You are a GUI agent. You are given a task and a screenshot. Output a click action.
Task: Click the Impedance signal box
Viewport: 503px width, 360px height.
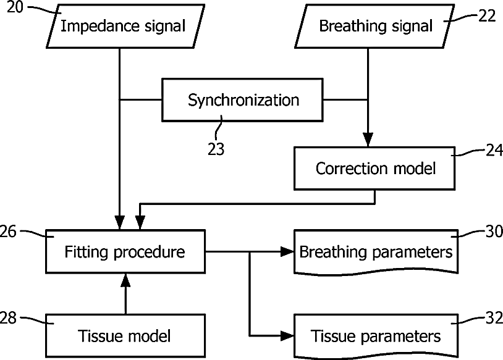coord(125,27)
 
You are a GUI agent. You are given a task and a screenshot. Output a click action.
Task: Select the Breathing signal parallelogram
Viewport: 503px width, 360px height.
coord(374,27)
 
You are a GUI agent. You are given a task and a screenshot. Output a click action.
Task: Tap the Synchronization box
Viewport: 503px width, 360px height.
coord(242,99)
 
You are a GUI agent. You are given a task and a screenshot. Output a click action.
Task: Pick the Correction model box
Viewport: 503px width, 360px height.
coord(374,169)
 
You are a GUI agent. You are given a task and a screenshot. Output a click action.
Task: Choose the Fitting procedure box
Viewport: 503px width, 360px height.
coord(125,252)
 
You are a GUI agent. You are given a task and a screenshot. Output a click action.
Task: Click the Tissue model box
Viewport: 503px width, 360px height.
coord(125,336)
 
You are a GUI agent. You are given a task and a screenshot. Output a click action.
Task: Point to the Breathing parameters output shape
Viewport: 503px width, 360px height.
coord(376,253)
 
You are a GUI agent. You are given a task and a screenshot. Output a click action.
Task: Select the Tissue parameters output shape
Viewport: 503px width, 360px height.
coord(376,337)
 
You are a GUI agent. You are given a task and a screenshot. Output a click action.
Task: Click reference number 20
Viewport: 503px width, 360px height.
coord(15,7)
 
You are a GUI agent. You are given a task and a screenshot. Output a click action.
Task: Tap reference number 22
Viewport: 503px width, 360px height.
coord(488,16)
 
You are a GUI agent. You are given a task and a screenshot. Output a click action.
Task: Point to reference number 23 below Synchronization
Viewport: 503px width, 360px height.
coord(216,149)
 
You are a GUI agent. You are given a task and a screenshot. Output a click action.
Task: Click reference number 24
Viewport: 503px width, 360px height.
coord(494,150)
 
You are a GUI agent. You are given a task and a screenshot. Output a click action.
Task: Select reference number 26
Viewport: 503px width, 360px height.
coord(7,232)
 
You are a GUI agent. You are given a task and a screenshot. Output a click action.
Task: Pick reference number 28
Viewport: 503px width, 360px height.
coord(7,318)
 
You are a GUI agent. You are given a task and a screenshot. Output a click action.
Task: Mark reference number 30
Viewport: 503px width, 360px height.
coord(494,232)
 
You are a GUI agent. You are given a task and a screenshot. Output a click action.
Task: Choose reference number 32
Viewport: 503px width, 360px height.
coord(494,318)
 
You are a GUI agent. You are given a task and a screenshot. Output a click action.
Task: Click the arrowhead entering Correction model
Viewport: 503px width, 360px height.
coord(368,140)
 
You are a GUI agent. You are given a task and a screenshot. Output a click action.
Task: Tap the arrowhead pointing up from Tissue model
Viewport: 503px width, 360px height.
coord(125,281)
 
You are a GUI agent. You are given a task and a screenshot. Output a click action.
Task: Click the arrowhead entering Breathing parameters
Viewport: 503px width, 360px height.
coord(287,252)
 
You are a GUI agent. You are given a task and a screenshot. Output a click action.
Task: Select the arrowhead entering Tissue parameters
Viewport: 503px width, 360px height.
coord(287,336)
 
